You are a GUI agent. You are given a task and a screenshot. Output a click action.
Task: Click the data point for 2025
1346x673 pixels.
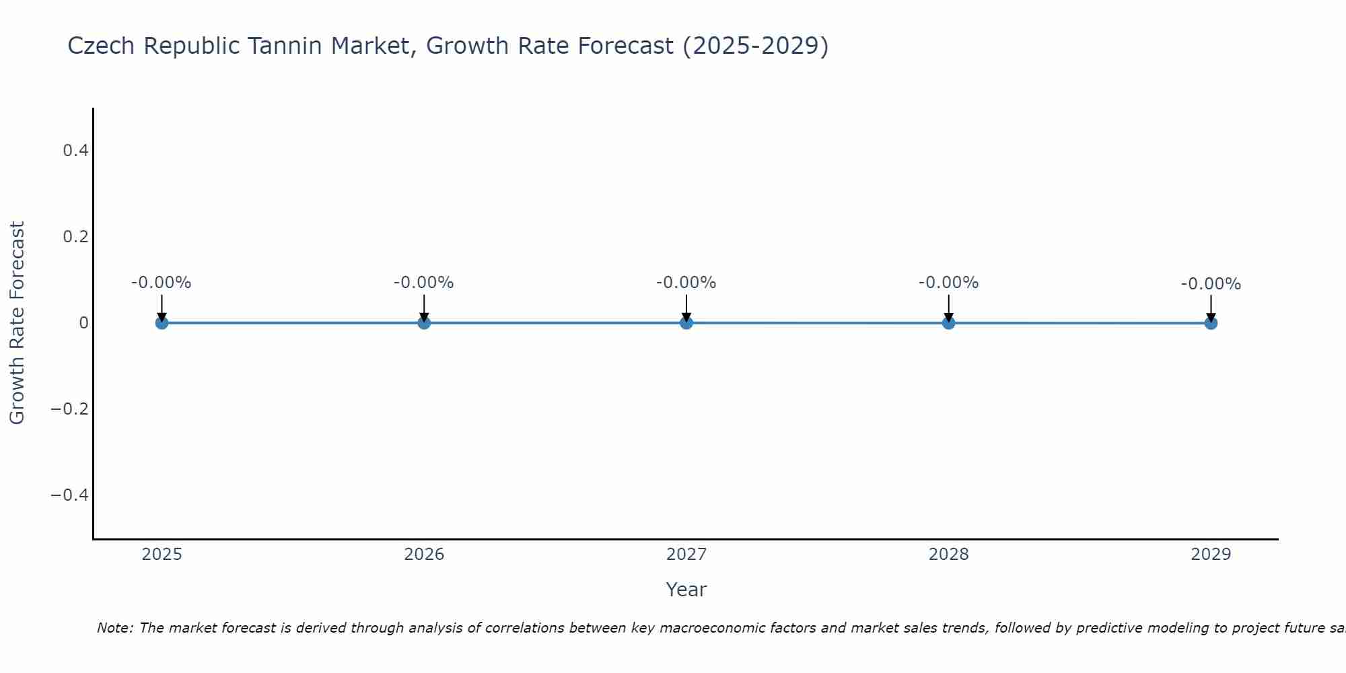coord(162,323)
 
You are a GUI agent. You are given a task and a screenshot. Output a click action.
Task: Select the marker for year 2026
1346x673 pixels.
coord(424,323)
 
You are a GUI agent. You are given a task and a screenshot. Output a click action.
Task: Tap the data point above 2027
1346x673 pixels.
coord(686,323)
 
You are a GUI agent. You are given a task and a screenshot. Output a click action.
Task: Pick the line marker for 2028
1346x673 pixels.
coord(948,323)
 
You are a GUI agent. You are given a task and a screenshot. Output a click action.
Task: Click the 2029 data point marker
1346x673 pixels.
coord(1211,323)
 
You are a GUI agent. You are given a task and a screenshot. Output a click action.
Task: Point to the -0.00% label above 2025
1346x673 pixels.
coord(162,283)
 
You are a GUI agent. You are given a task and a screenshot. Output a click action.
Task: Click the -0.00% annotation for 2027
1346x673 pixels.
coord(686,283)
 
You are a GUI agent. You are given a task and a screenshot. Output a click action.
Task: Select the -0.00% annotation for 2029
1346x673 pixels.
coord(1211,284)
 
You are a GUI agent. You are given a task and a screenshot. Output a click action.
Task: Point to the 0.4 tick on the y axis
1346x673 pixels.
coord(75,151)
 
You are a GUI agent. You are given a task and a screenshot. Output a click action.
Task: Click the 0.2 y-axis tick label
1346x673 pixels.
coord(75,237)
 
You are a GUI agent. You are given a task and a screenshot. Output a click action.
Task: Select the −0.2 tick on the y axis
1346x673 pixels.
coord(70,409)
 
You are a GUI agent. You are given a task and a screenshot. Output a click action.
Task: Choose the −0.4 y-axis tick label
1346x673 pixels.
coord(70,495)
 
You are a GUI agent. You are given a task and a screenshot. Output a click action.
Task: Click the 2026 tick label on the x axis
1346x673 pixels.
coord(424,555)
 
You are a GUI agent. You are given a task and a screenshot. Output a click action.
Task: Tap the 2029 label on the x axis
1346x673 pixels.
coord(1211,555)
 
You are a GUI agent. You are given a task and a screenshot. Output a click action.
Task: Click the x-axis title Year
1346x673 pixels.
coord(686,590)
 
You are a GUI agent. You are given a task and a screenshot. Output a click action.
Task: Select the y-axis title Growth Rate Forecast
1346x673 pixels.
coord(17,323)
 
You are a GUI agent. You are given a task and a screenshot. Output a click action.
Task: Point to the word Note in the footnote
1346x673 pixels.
coord(114,628)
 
